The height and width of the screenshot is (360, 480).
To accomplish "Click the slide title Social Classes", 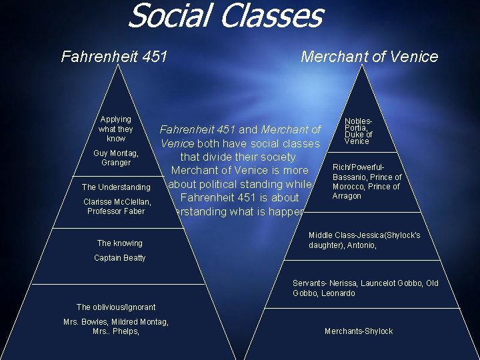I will [x=225, y=16].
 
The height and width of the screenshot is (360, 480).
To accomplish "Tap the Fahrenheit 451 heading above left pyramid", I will [x=114, y=56].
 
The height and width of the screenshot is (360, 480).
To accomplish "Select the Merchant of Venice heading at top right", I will [x=369, y=57].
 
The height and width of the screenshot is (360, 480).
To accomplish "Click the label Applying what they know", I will [x=116, y=129].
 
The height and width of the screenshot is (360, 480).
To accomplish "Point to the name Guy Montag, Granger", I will [x=116, y=158].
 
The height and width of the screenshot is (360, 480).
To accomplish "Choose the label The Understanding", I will [x=116, y=187].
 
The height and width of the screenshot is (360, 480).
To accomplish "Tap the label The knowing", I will [x=119, y=243].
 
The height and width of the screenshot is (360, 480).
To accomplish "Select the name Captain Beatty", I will [x=119, y=258].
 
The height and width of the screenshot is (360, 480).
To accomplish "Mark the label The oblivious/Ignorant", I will [x=116, y=307].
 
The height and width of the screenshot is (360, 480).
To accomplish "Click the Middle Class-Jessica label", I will [x=364, y=241].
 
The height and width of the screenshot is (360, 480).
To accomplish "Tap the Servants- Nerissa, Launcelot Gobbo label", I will [x=365, y=288].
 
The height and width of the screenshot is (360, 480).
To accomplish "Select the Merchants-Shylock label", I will [x=359, y=331].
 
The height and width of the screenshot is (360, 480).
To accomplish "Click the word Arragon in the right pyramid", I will [x=347, y=196].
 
